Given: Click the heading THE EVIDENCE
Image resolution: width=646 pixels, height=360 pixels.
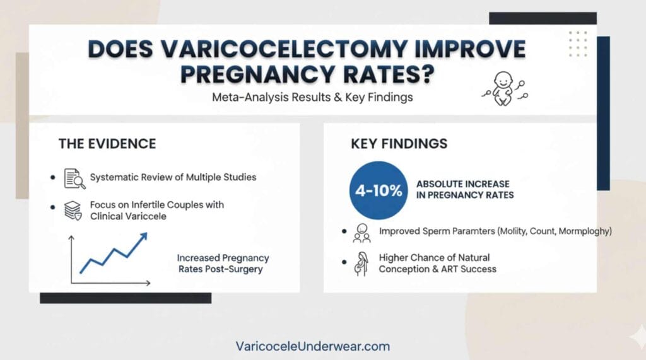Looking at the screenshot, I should [107, 143].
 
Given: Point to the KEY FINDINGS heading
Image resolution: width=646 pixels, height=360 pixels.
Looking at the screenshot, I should [399, 143].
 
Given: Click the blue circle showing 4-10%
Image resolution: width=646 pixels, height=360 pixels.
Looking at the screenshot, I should [379, 190].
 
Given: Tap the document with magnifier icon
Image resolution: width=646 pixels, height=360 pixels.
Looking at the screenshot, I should [74, 178].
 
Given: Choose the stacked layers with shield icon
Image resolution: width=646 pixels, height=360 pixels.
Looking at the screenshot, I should [73, 211].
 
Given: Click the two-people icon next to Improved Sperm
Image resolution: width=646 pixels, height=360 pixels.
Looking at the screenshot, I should [362, 233].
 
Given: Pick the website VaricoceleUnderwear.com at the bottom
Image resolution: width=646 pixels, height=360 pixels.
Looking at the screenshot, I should [312, 346].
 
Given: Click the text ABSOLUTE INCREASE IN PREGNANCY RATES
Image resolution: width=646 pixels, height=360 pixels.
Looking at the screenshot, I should [464, 189].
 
